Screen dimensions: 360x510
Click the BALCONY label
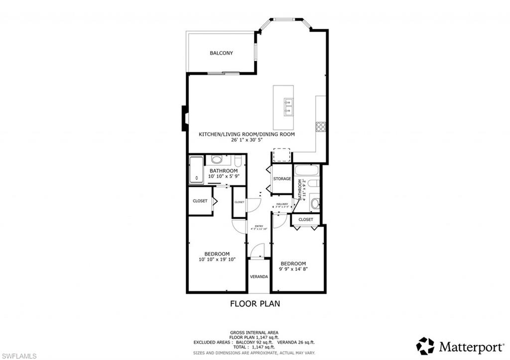[221, 53]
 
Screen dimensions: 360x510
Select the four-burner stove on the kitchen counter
[320, 126]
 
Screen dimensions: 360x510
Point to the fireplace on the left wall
[185, 118]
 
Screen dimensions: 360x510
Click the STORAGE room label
[282, 179]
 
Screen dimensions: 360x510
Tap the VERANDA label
[259, 276]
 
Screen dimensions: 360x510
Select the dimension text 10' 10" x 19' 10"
[217, 259]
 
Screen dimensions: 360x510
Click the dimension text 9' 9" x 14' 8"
[293, 269]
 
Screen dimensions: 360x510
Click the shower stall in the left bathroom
[196, 170]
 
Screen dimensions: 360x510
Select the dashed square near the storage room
[281, 155]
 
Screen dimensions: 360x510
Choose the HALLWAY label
[282, 204]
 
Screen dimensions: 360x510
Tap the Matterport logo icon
[425, 346]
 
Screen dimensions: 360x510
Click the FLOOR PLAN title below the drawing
[255, 303]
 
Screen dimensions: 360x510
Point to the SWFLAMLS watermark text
[18, 355]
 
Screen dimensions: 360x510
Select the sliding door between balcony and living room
[223, 74]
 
